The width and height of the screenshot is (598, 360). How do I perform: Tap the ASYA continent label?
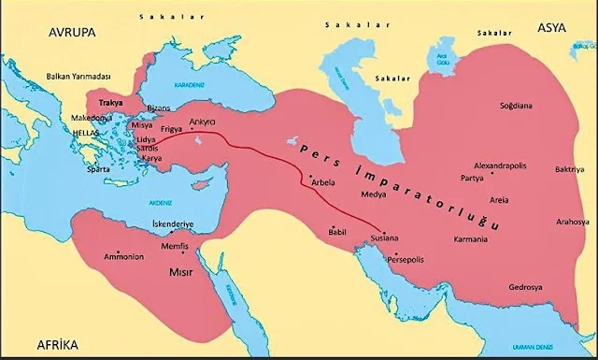[553, 28]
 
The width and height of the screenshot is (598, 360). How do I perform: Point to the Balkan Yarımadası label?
[78, 76]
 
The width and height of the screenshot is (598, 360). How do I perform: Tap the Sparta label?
[86, 171]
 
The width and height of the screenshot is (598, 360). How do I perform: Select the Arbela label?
[323, 183]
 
